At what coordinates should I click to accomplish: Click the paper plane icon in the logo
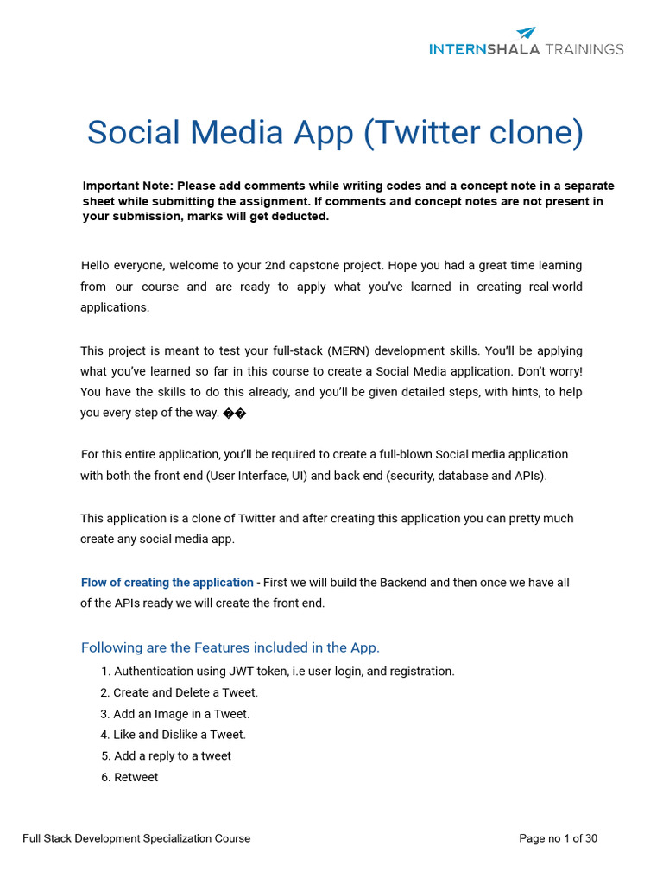(x=527, y=33)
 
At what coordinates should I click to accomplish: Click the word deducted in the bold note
(x=301, y=216)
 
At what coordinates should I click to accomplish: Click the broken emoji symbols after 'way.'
(x=235, y=413)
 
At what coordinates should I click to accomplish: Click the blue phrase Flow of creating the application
(x=167, y=583)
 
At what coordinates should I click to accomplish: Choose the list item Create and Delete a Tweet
(x=186, y=692)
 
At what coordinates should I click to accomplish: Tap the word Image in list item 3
(x=173, y=714)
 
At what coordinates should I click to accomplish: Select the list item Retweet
(x=136, y=777)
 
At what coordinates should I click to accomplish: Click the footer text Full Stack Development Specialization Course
(x=136, y=838)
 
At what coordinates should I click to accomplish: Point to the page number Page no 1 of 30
(x=558, y=838)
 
